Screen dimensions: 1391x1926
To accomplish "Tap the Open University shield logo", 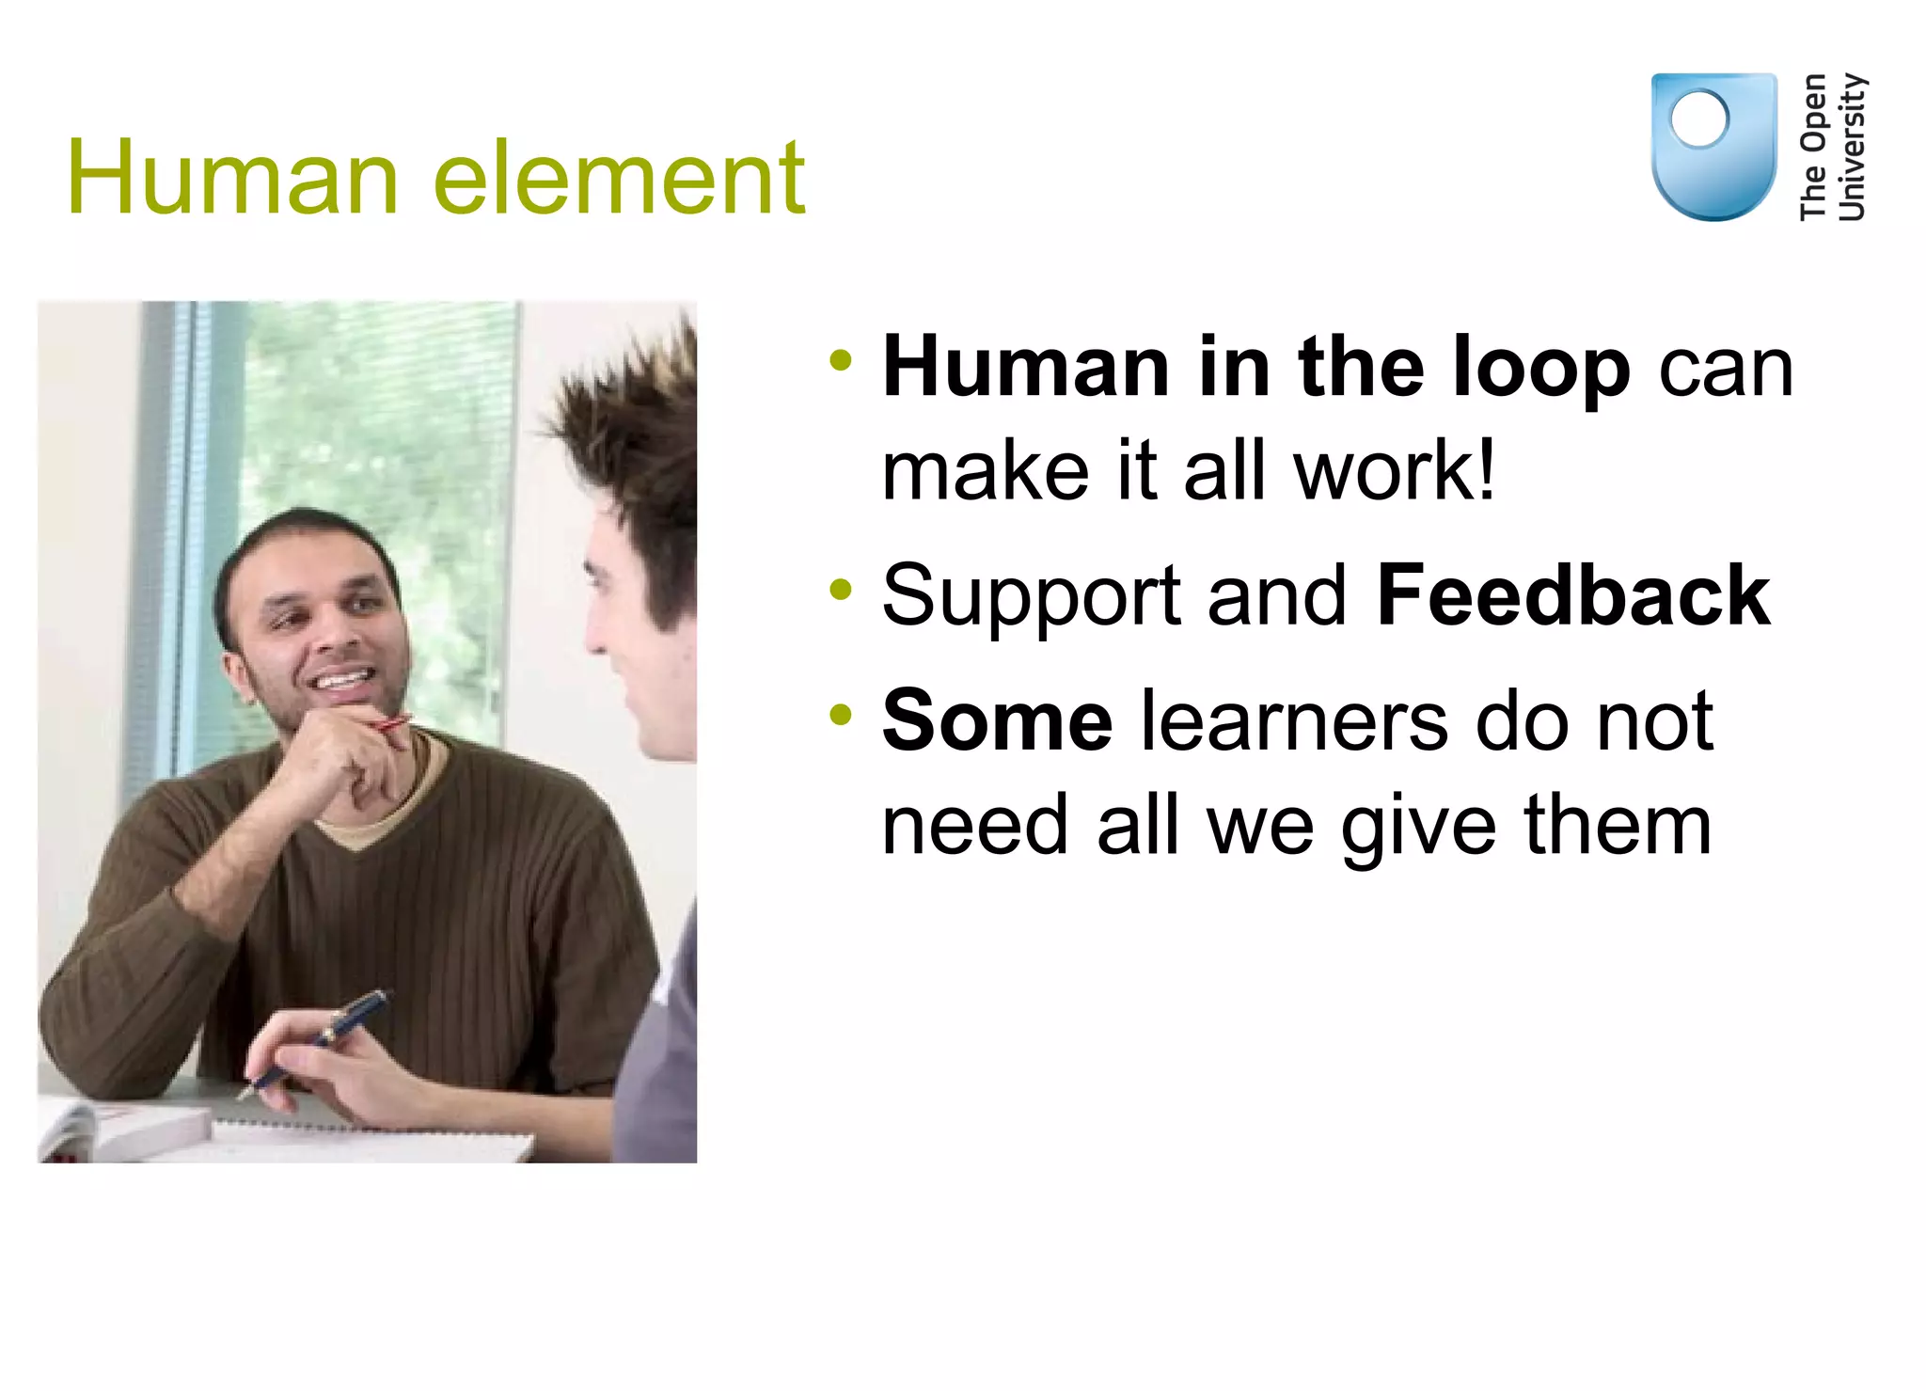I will pyautogui.click(x=1713, y=146).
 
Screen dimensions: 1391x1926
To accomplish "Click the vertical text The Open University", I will pyautogui.click(x=1832, y=147).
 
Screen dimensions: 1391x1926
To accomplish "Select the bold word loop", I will pyautogui.click(x=1540, y=369).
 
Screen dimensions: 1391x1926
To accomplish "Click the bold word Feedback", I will pyautogui.click(x=1573, y=595).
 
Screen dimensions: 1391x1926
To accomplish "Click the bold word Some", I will pyautogui.click(x=998, y=721).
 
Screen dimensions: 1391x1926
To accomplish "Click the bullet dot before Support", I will pyautogui.click(x=840, y=591).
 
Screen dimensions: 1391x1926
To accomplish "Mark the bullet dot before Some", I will pyautogui.click(x=840, y=716).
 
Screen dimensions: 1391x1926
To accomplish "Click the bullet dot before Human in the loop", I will pyautogui.click(x=840, y=360).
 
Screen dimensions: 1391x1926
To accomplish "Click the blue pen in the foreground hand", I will pyautogui.click(x=320, y=1039).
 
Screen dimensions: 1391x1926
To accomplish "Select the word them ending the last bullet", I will pyautogui.click(x=1618, y=826).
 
